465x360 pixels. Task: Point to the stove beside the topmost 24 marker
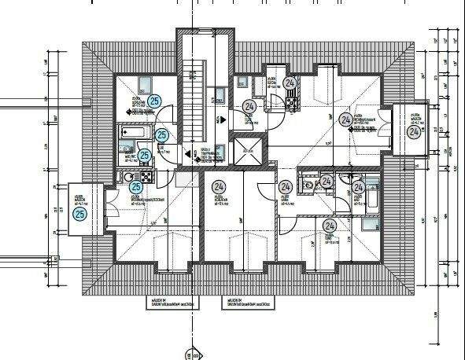click(292, 97)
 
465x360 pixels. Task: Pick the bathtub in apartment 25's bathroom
click(131, 134)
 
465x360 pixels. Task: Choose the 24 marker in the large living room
click(345, 119)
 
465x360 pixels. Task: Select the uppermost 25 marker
click(154, 100)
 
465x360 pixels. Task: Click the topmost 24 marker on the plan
click(290, 83)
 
